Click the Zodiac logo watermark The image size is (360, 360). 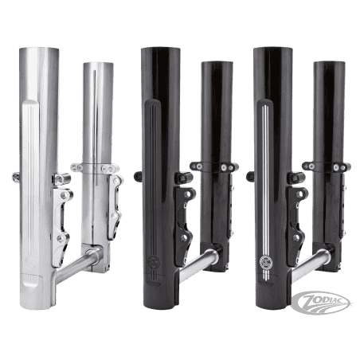click(321, 302)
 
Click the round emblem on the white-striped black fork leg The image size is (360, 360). click(264, 261)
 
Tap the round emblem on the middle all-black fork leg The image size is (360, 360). click(153, 261)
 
